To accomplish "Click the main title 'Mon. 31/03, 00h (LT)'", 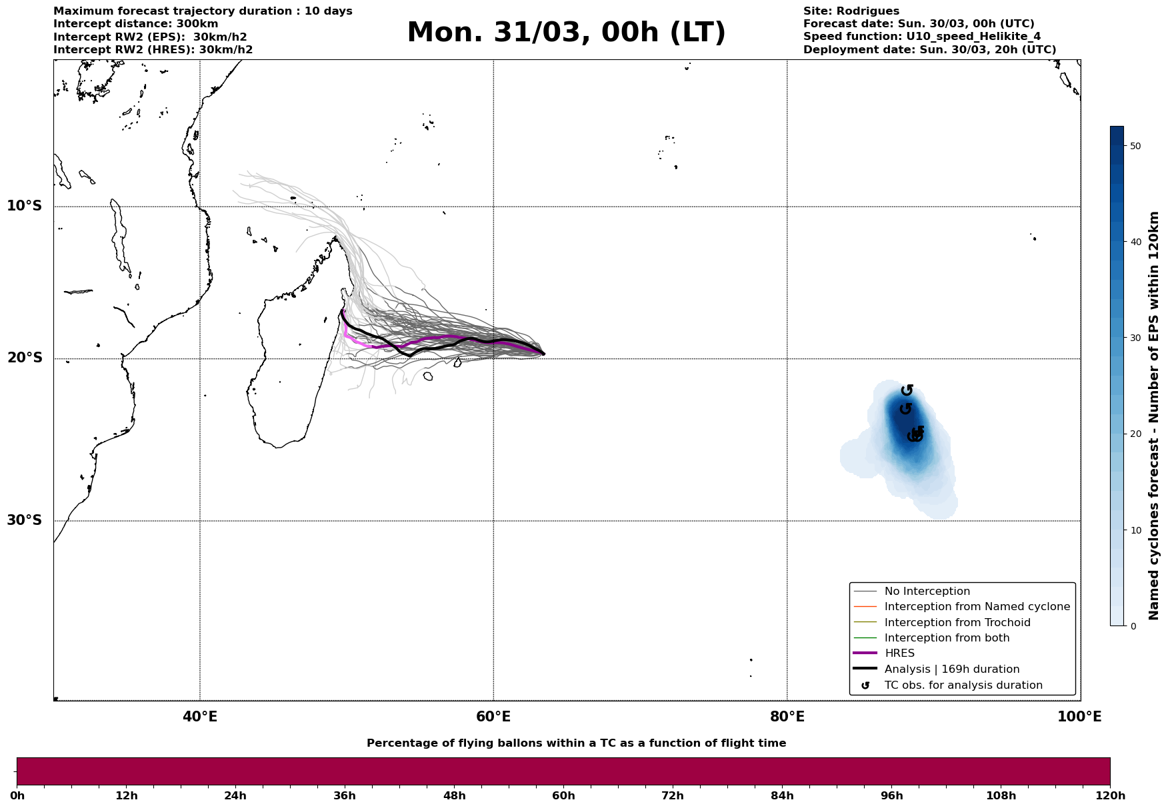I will [566, 33].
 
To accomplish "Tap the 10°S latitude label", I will [25, 206].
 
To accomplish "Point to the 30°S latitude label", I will [25, 520].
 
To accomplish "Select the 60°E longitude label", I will [493, 717].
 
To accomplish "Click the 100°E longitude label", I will [1079, 717].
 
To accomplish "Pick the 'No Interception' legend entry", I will [927, 592].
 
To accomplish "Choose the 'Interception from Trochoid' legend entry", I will [957, 623].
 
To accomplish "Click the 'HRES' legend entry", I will [899, 653].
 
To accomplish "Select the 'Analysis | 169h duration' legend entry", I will [951, 669].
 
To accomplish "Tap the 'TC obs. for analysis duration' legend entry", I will [963, 685].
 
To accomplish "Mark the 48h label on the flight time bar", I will [454, 795].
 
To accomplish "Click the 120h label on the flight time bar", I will [1110, 795].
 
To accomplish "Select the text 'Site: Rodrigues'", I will [851, 11].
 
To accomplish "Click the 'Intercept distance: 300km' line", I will [135, 24].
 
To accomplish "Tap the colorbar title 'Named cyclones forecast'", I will [1154, 416].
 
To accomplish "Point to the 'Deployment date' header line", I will [929, 50].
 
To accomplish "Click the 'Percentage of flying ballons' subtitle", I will [576, 743].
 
